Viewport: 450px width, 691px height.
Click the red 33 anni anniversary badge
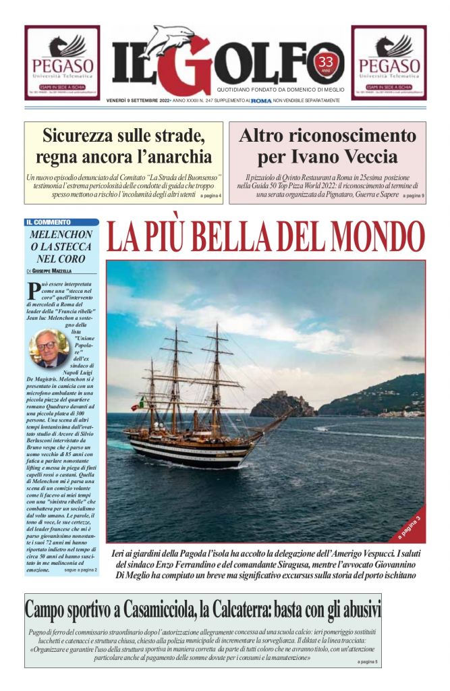click(x=327, y=63)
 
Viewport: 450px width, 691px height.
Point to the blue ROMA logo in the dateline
click(x=260, y=101)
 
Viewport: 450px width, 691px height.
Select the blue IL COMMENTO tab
click(x=61, y=222)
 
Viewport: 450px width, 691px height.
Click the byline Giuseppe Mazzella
click(x=64, y=271)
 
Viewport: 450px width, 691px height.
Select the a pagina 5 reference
click(x=368, y=662)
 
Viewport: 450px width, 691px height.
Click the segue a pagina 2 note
click(x=80, y=570)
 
